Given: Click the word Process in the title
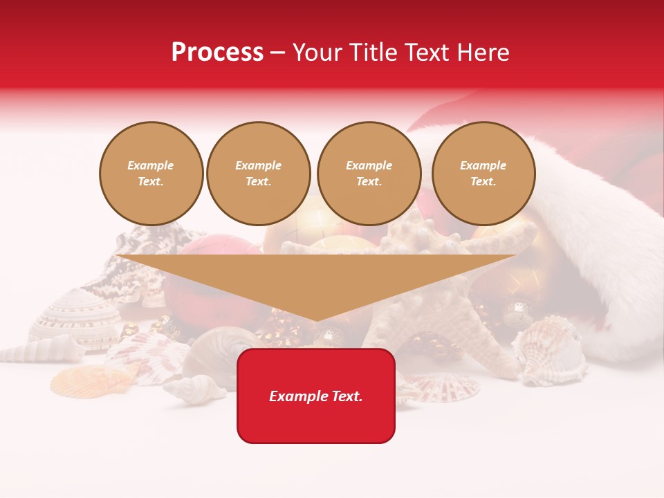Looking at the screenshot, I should point(217,53).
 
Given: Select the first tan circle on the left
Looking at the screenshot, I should point(151,174).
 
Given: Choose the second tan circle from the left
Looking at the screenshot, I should point(259,174).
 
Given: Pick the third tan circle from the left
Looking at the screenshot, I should point(369,174).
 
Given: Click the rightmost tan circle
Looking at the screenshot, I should point(483,174).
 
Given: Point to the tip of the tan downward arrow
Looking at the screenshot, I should point(316,319).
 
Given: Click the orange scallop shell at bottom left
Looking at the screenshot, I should point(80,380).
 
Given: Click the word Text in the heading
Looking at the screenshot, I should point(427,53).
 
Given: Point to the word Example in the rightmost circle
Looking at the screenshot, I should point(483,165).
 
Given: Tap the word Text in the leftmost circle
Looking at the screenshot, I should point(150,182).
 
